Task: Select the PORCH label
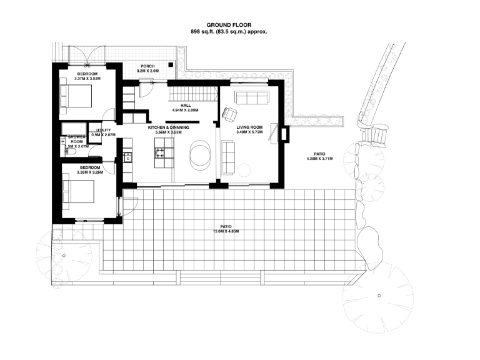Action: (x=147, y=66)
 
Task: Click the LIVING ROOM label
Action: (x=249, y=127)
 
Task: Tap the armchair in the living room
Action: (x=229, y=114)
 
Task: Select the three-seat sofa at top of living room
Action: (x=251, y=97)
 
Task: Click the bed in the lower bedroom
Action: (x=78, y=192)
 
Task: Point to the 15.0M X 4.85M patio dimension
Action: (x=226, y=231)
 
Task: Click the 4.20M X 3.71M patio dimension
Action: (x=319, y=159)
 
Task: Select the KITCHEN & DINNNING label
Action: (x=168, y=127)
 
